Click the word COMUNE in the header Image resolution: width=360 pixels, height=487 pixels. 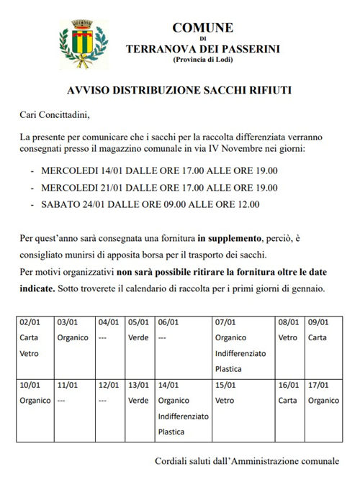[x=202, y=28]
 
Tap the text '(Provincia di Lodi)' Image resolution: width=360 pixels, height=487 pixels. [x=202, y=59]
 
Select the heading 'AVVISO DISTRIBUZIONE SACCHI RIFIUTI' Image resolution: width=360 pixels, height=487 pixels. [x=180, y=91]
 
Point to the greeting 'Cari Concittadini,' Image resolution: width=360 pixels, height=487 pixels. [x=56, y=114]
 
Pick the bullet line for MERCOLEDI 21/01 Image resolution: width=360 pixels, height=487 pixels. [x=159, y=188]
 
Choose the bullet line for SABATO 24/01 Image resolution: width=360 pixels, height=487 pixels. [x=150, y=204]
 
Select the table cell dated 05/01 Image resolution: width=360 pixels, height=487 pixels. [x=140, y=346]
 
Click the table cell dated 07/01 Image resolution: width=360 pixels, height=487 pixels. [x=243, y=346]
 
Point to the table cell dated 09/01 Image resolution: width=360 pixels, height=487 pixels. [x=322, y=346]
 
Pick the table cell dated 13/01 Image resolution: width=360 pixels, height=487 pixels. [x=140, y=408]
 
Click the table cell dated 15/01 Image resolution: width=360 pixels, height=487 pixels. [x=243, y=408]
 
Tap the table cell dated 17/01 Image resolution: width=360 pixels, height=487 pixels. [x=322, y=408]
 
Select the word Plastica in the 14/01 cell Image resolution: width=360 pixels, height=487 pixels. [x=171, y=432]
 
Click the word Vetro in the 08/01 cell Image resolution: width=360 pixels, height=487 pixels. [x=287, y=337]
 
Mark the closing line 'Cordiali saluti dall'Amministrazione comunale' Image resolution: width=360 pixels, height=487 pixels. [x=246, y=460]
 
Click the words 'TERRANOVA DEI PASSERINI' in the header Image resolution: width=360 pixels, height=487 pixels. [x=202, y=48]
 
